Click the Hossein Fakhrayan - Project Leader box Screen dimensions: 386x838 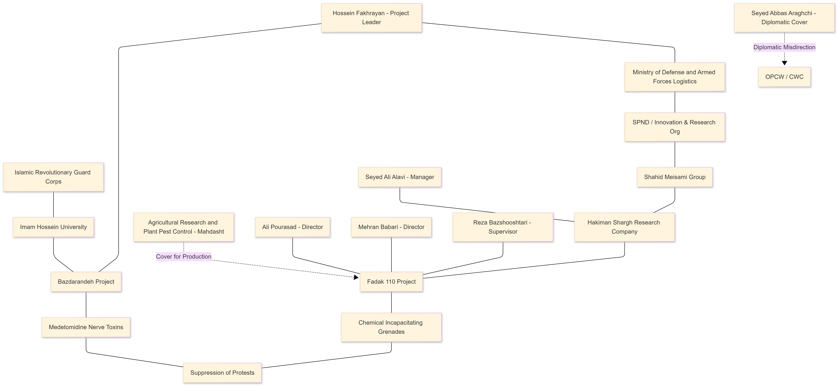pyautogui.click(x=372, y=18)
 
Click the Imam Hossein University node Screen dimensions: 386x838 pyautogui.click(x=53, y=227)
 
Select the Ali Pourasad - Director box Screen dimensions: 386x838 pyautogui.click(x=292, y=227)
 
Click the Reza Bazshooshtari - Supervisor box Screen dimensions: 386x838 pyautogui.click(x=503, y=227)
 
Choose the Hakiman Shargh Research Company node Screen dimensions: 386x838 pyautogui.click(x=624, y=227)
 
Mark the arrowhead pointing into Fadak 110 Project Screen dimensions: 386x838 pyautogui.click(x=356, y=277)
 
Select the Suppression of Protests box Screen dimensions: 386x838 pyautogui.click(x=222, y=373)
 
